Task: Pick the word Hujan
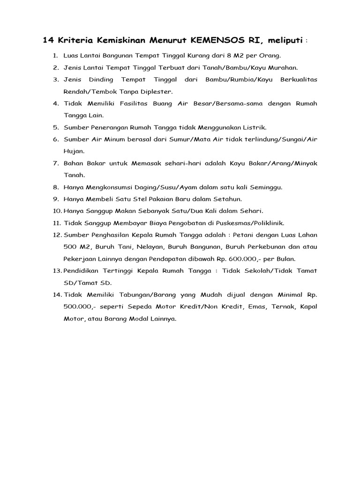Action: pos(74,151)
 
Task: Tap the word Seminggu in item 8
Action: pos(265,187)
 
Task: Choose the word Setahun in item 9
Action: pos(227,199)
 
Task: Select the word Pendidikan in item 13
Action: pos(83,271)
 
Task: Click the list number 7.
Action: pos(55,164)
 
